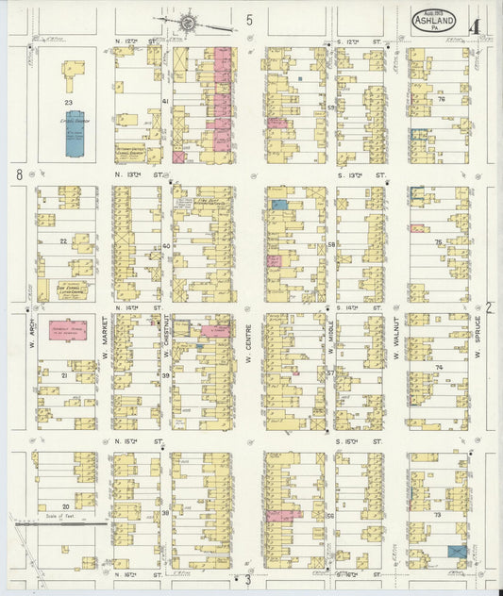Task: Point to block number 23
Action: (x=68, y=102)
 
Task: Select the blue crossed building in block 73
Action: (x=457, y=551)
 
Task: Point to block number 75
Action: (x=438, y=242)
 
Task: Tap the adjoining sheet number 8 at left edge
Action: (x=18, y=174)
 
